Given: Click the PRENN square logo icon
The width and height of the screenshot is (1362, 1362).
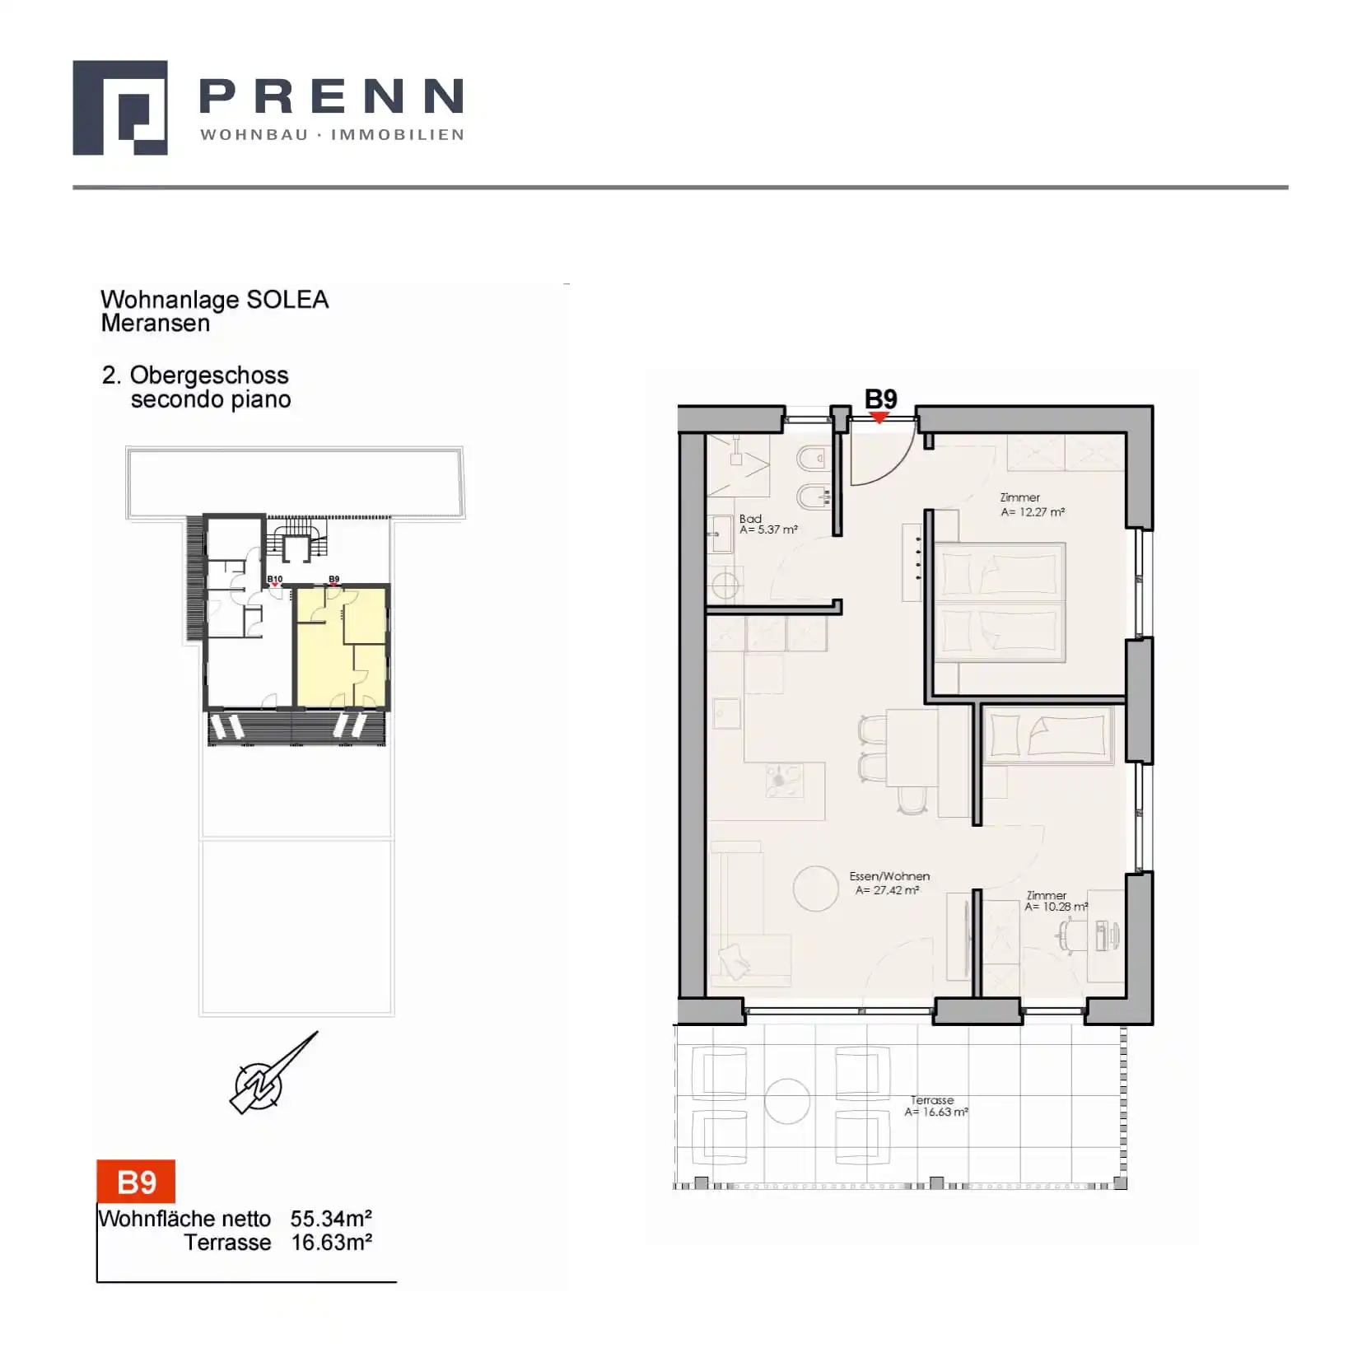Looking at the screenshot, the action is (x=120, y=107).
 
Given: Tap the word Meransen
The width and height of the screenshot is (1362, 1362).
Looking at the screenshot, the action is (x=156, y=324).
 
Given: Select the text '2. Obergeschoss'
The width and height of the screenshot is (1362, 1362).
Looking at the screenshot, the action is (x=195, y=375).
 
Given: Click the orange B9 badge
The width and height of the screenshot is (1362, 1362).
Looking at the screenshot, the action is (x=136, y=1182).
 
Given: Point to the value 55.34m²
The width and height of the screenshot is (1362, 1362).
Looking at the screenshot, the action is (x=331, y=1218).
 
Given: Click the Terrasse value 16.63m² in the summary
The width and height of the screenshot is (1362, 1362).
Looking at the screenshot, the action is (x=331, y=1243).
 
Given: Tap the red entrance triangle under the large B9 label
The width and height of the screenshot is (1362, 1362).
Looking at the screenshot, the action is (x=879, y=418).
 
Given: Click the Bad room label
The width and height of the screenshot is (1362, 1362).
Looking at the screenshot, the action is (x=750, y=519).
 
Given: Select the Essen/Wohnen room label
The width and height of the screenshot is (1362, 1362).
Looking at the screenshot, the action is (x=889, y=876).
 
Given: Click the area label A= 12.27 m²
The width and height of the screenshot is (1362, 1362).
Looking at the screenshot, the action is (x=1033, y=511).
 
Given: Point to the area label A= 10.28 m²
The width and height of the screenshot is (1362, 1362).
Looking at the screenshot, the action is (x=1056, y=907).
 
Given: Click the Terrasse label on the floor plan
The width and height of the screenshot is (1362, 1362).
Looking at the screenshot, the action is (x=932, y=1100).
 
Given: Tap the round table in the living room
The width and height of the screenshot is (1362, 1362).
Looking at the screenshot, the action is (x=815, y=889).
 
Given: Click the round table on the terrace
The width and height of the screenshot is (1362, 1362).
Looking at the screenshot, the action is (x=787, y=1101).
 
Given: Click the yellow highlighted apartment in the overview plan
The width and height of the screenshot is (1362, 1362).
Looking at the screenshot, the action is (x=341, y=646).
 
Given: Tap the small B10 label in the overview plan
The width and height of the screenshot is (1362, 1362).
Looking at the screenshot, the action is (x=275, y=580).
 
